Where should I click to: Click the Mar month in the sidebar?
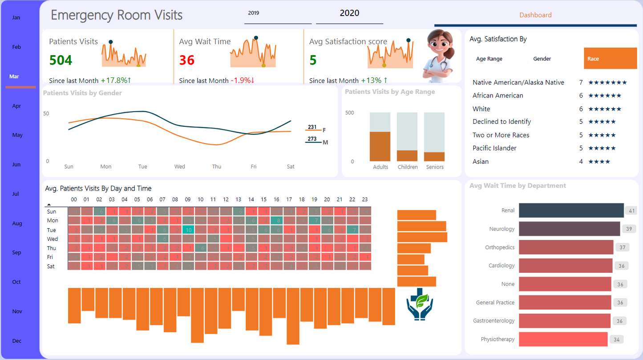[14, 77]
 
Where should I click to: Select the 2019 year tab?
[254, 13]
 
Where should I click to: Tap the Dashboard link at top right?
[535, 15]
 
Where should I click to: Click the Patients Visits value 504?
[61, 60]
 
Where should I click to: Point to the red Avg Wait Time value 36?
[187, 60]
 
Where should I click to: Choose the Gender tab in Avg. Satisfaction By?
[542, 59]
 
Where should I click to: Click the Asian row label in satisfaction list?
[481, 162]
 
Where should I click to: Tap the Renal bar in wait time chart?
[571, 210]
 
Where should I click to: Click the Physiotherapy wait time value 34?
[616, 340]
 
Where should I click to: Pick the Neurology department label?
[501, 229]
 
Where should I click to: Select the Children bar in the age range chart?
[407, 155]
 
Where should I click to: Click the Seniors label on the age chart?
[435, 167]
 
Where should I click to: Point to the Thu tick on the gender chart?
[217, 167]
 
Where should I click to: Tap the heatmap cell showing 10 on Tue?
[188, 230]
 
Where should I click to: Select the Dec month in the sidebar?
[17, 341]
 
